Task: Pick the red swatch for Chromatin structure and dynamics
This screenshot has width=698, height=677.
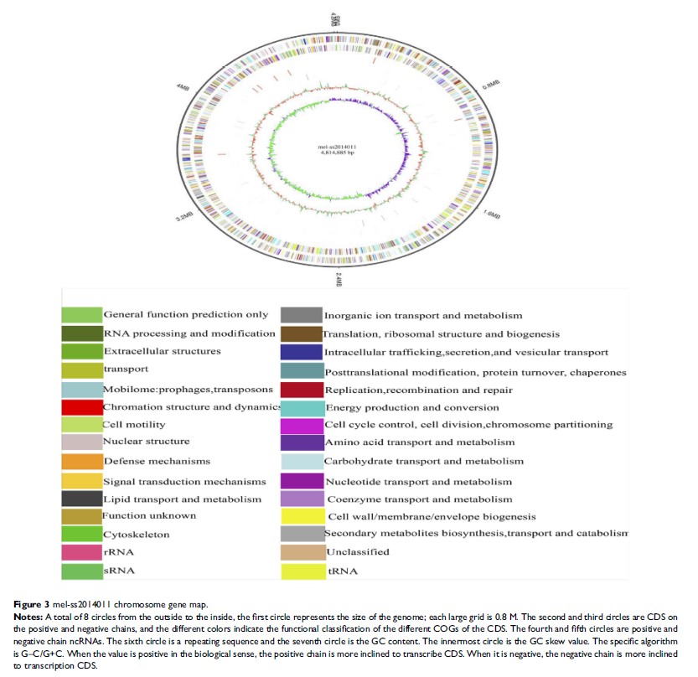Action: [x=81, y=407]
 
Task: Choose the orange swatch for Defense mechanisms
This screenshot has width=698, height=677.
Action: [x=81, y=461]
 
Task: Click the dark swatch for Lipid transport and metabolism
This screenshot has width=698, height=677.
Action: [x=81, y=499]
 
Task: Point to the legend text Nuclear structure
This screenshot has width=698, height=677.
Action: [x=146, y=442]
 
